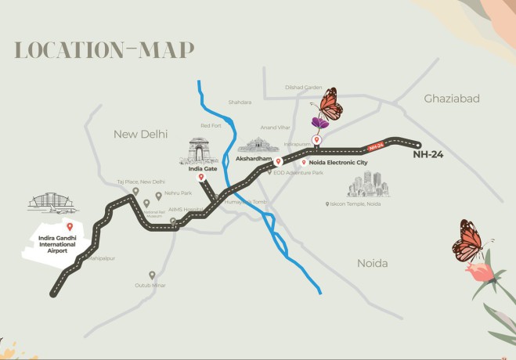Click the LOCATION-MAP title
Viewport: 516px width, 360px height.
coord(103,50)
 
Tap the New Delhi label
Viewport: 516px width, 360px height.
coord(141,135)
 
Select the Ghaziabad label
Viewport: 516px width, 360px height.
coord(451,99)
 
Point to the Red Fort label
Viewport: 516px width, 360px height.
coord(211,125)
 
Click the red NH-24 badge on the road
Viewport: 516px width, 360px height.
coord(377,146)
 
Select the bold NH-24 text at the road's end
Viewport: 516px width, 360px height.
coord(428,155)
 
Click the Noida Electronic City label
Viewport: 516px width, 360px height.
coord(339,162)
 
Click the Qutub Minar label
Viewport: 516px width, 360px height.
coord(152,286)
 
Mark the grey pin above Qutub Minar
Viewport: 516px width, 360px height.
coord(152,274)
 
